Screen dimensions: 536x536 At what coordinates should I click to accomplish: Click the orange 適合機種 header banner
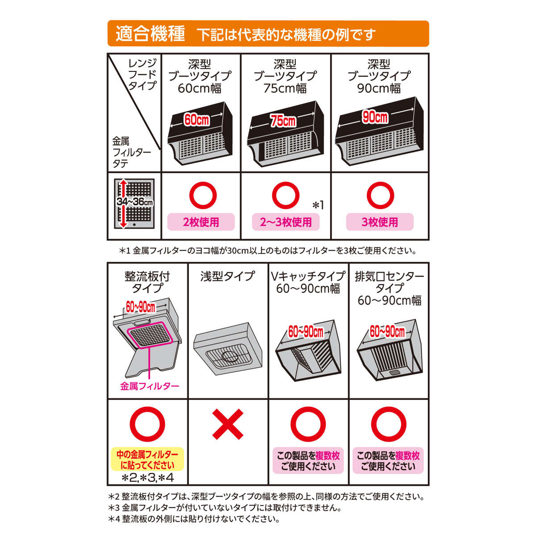click(x=268, y=33)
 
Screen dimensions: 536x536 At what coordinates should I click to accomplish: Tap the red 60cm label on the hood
click(x=197, y=120)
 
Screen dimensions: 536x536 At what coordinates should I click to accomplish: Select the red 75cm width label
click(x=283, y=121)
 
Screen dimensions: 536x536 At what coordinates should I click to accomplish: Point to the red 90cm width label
click(x=375, y=117)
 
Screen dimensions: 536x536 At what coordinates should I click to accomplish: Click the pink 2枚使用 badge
click(x=201, y=222)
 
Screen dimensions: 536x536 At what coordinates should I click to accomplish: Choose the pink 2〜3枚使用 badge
click(x=286, y=222)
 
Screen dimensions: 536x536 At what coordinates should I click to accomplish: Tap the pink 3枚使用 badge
click(x=380, y=222)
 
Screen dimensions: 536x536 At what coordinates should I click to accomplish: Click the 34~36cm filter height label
click(x=134, y=201)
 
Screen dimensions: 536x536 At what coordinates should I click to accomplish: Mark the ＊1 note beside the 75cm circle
click(x=318, y=205)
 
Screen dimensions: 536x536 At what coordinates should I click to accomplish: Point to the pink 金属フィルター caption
click(x=149, y=386)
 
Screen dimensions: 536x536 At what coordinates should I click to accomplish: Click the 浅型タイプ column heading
click(x=227, y=276)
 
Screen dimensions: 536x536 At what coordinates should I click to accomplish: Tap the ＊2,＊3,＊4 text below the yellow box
click(x=148, y=478)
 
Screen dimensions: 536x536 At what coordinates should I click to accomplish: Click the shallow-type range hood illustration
click(x=228, y=349)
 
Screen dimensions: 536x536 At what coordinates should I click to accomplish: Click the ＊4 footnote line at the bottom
click(x=194, y=519)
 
